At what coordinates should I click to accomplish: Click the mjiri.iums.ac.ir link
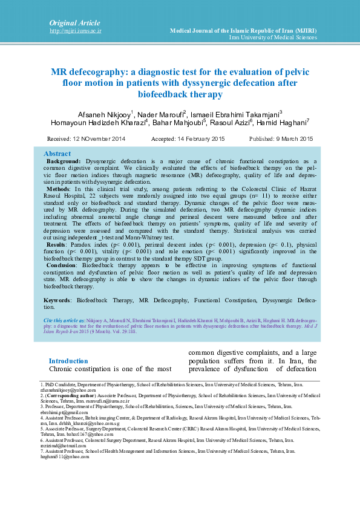click(75, 30)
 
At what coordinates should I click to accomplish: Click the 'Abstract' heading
click(57, 154)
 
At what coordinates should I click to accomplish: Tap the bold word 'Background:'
click(64, 162)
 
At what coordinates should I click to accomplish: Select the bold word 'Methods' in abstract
click(59, 189)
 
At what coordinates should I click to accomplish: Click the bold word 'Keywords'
click(57, 300)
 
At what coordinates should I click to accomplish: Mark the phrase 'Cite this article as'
click(64, 319)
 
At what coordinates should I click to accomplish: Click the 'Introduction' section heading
click(68, 361)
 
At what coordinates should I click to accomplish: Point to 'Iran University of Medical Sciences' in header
click(273, 37)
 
